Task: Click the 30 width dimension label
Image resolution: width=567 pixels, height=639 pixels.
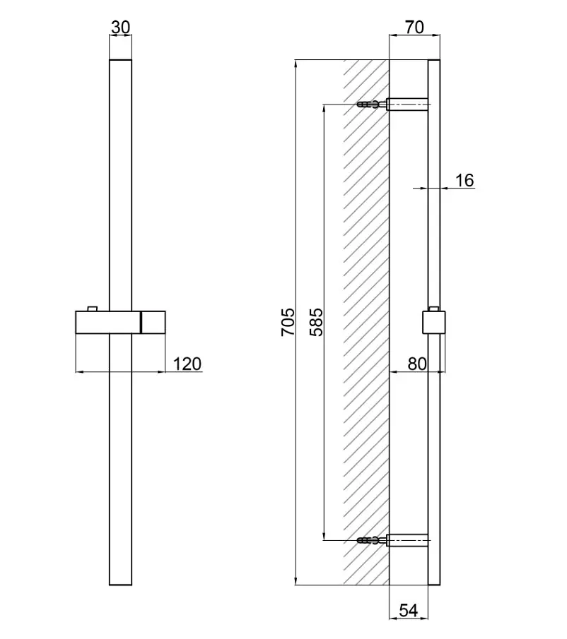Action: [120, 28]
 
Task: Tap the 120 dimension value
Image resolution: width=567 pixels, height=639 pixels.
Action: [187, 364]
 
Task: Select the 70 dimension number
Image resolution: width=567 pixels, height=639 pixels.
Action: [414, 28]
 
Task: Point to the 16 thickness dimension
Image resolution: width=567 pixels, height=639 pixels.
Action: [464, 180]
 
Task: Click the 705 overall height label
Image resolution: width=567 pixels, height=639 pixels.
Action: [288, 322]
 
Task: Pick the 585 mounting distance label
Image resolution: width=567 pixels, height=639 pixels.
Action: [316, 322]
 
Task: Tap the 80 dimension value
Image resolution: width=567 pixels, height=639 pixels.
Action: [417, 364]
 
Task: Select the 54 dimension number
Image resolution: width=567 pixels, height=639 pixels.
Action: [409, 610]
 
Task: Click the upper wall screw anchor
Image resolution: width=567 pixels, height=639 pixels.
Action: [372, 104]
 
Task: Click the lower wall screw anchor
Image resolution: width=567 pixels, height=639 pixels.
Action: [372, 541]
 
